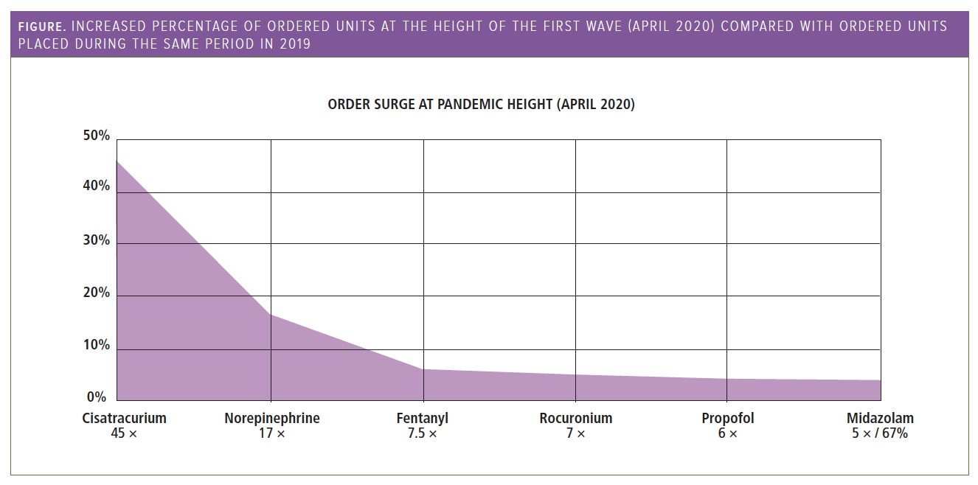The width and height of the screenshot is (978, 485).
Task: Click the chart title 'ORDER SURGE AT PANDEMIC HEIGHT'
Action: point(481,104)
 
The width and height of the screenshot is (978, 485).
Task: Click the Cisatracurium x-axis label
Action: point(124,418)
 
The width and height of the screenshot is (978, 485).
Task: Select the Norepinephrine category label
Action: point(271,418)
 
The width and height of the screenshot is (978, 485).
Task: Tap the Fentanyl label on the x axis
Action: point(422,418)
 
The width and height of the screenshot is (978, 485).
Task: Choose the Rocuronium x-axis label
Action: point(575,418)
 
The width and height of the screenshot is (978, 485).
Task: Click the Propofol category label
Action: point(727,418)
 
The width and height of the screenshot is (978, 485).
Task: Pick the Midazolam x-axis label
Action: point(880,418)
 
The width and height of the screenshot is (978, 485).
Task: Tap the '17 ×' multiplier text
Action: point(271,433)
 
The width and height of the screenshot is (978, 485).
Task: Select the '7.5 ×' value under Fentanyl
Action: point(422,433)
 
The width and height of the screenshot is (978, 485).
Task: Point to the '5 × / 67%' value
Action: point(879,433)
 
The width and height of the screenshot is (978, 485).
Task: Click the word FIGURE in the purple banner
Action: point(42,27)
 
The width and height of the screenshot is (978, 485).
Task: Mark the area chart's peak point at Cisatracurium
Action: point(117,160)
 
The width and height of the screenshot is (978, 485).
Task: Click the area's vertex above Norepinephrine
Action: point(271,315)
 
